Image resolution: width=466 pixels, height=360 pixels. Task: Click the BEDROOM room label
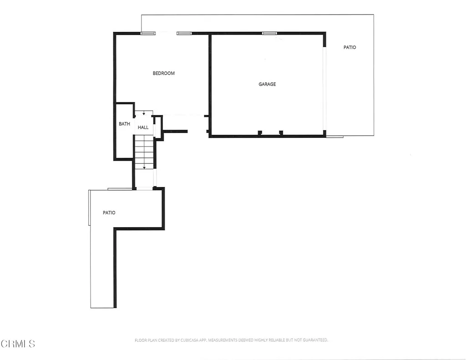coord(163,73)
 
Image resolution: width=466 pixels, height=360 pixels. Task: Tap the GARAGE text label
coord(267,84)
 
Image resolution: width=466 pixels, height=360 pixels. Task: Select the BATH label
coord(124,124)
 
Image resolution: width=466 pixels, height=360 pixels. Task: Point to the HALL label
coord(143,127)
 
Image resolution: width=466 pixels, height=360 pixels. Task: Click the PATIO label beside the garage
coord(349,47)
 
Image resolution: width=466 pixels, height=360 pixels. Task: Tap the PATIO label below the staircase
coord(109,213)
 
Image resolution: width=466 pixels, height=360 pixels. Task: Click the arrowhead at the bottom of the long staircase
coord(144,167)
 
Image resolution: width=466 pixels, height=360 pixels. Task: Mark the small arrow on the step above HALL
coord(144,113)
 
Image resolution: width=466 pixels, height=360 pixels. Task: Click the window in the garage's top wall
coord(269,33)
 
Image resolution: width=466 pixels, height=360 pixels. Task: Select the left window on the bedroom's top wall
coord(147,33)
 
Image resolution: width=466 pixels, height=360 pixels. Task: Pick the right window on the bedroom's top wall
coord(184,33)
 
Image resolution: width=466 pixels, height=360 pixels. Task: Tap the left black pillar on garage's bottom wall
coord(260,132)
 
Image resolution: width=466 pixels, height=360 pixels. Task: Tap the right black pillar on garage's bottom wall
coord(281,132)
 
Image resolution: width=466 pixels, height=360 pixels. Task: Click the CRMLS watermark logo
coord(18,344)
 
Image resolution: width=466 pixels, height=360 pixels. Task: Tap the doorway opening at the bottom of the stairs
coord(144,188)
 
